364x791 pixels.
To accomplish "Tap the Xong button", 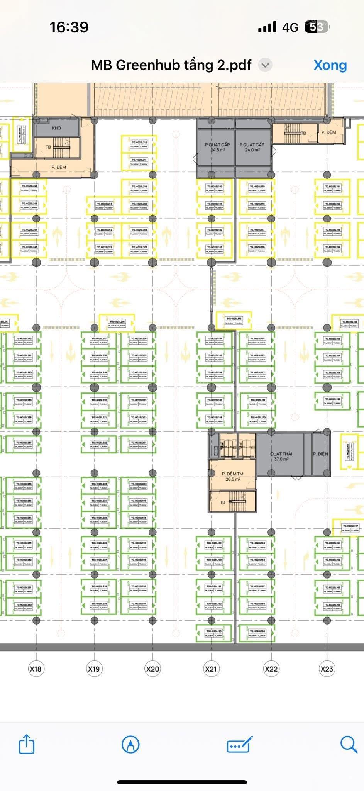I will tap(330, 65).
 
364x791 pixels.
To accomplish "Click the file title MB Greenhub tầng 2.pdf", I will tap(171, 65).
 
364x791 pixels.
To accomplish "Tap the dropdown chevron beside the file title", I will tap(265, 65).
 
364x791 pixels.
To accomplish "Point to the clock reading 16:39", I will tap(69, 27).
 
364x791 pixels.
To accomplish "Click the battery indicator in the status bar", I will tap(317, 27).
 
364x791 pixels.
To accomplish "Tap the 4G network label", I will tap(290, 27).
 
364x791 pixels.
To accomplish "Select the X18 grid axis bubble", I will tap(36, 669).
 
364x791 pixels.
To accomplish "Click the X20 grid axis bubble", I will tap(152, 669).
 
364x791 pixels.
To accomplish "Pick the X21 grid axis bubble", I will tap(211, 669).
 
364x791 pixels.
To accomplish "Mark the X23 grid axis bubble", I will tap(327, 669).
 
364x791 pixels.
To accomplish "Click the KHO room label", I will tap(56, 128).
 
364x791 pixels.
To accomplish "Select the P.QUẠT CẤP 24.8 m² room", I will tap(217, 147).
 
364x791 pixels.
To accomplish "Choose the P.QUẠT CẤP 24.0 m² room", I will tap(252, 147).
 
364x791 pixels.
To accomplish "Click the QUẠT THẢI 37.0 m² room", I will tap(281, 456).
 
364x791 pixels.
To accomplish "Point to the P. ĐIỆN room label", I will tap(320, 454).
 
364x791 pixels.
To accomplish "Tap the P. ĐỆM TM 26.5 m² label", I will tap(232, 476).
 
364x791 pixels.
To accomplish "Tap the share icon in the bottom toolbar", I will tap(27, 744).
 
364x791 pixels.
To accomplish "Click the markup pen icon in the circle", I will tap(130, 744).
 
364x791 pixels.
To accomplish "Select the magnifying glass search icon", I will tap(349, 744).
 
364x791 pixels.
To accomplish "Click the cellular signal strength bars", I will tap(267, 27).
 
